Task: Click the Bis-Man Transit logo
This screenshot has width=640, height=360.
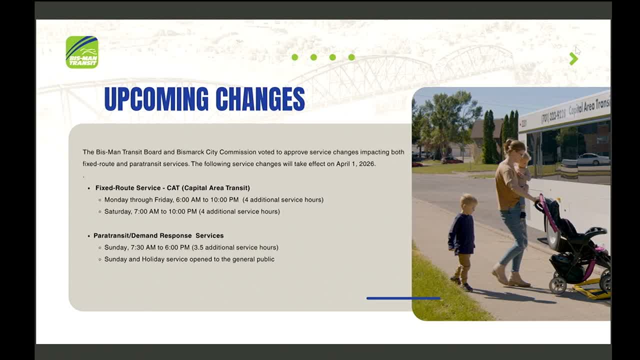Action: (x=82, y=52)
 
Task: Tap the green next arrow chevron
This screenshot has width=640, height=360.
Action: (x=573, y=58)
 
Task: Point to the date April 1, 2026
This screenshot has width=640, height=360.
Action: (x=355, y=164)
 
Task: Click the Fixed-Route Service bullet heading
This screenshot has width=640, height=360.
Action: (x=172, y=188)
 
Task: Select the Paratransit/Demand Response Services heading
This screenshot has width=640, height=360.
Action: (x=158, y=235)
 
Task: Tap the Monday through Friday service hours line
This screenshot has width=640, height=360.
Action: (x=213, y=200)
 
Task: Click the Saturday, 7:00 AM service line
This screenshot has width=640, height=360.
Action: (x=191, y=211)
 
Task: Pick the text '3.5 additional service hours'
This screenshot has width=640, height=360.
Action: (x=235, y=247)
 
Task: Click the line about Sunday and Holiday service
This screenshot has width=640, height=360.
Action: (x=189, y=259)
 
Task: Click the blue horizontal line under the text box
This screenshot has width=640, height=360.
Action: (x=403, y=298)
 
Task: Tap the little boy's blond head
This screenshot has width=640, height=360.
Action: (x=468, y=202)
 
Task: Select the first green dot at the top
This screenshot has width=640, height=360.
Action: (x=295, y=57)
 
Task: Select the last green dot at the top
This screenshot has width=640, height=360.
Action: (x=351, y=57)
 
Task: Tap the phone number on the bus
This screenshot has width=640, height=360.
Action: (x=553, y=116)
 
